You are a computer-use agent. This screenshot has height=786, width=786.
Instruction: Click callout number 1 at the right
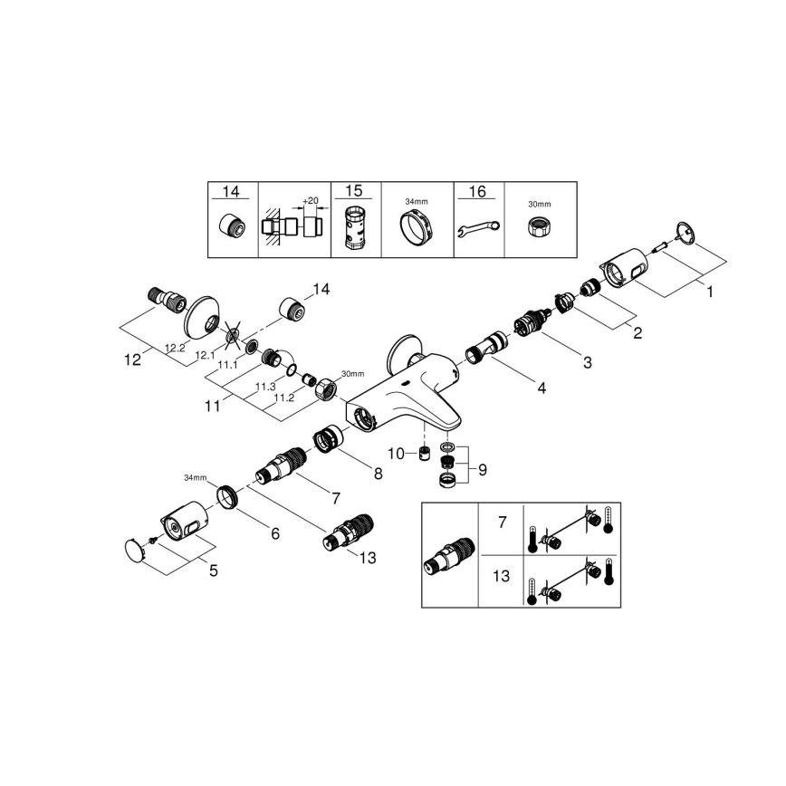click(x=710, y=292)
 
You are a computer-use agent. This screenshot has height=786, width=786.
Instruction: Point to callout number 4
click(x=541, y=388)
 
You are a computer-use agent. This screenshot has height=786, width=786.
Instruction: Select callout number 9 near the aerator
click(x=482, y=470)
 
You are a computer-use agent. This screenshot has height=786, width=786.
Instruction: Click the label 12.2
click(x=175, y=347)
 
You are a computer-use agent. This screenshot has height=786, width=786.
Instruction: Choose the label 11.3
click(x=264, y=386)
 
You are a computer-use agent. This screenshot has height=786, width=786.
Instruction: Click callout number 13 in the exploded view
click(x=366, y=559)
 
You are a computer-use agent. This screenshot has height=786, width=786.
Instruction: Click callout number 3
click(x=587, y=363)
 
